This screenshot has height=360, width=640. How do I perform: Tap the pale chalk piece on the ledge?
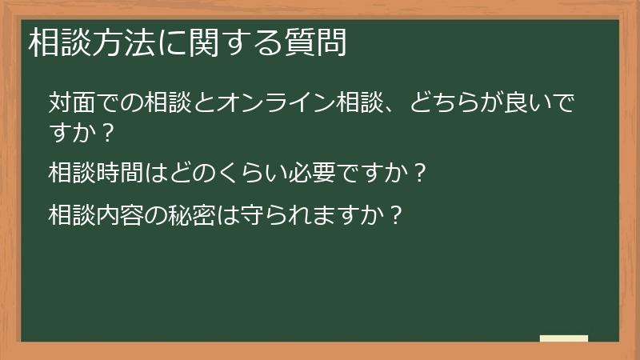[x=564, y=339]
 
